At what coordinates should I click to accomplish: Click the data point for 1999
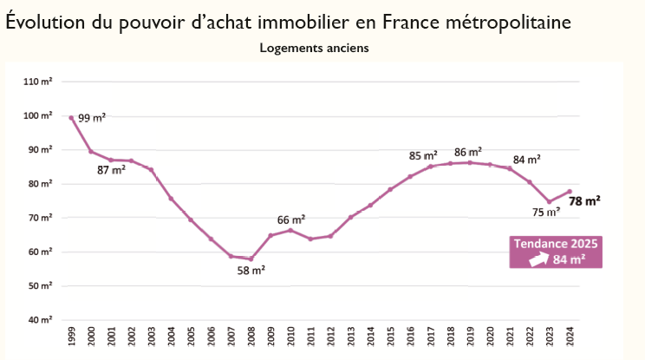coord(71,118)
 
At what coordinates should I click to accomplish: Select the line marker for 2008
coord(251,259)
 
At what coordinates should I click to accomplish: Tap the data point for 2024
coord(570,192)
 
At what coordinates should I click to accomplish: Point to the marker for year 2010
coord(290,230)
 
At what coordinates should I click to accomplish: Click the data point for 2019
coord(470,162)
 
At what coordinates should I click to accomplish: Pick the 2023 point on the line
coord(550,201)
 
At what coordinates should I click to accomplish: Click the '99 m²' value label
coord(90,119)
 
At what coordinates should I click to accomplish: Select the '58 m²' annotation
coord(251,271)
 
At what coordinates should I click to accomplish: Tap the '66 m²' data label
coord(291,219)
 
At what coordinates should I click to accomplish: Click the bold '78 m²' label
coord(585,200)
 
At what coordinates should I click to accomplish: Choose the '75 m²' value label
coord(545,210)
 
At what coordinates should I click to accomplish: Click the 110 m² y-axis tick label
coord(39,82)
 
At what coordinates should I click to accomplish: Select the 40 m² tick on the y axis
coord(39,320)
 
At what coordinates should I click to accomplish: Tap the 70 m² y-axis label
coord(39,218)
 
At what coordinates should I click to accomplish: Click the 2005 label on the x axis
coord(191,337)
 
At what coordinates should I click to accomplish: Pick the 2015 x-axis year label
coord(390,337)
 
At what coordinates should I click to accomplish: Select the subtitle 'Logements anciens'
coord(315,48)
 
